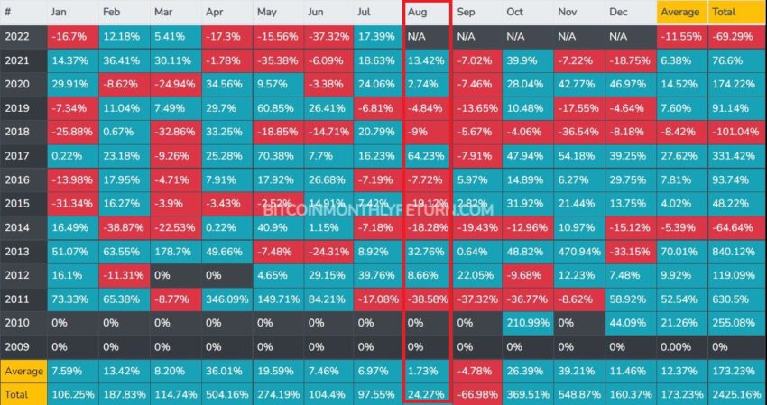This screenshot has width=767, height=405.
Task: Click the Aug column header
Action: [x=425, y=12]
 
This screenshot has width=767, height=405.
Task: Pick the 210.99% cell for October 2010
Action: [x=527, y=323]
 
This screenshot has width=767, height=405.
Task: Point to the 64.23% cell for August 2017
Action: [x=426, y=155]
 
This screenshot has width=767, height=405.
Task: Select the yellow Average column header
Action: [x=681, y=12]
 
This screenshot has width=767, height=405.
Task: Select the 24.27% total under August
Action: [x=426, y=394]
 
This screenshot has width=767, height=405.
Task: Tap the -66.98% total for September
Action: [x=476, y=394]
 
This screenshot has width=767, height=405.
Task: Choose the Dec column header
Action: [x=630, y=12]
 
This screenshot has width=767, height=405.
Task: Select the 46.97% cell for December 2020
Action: [x=630, y=84]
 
